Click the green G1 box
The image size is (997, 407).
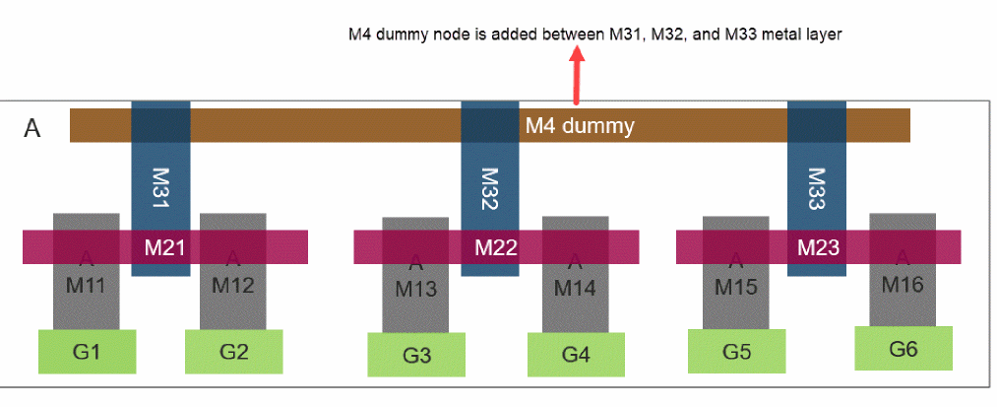(x=87, y=352)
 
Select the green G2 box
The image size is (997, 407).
(x=234, y=352)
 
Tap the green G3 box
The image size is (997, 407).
(x=417, y=355)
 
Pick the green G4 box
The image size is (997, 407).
(x=577, y=355)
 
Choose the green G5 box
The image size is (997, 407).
(x=736, y=351)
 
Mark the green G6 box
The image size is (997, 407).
(x=904, y=349)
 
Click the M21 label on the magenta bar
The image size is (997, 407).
(x=165, y=246)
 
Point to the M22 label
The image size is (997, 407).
(x=496, y=247)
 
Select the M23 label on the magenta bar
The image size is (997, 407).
(x=818, y=247)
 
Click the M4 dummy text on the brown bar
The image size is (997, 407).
(x=579, y=125)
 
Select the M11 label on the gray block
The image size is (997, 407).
(x=86, y=287)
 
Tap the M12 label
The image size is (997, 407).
(x=233, y=287)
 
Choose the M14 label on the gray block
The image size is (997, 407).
(x=575, y=289)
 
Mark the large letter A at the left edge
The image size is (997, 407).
(x=32, y=130)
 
